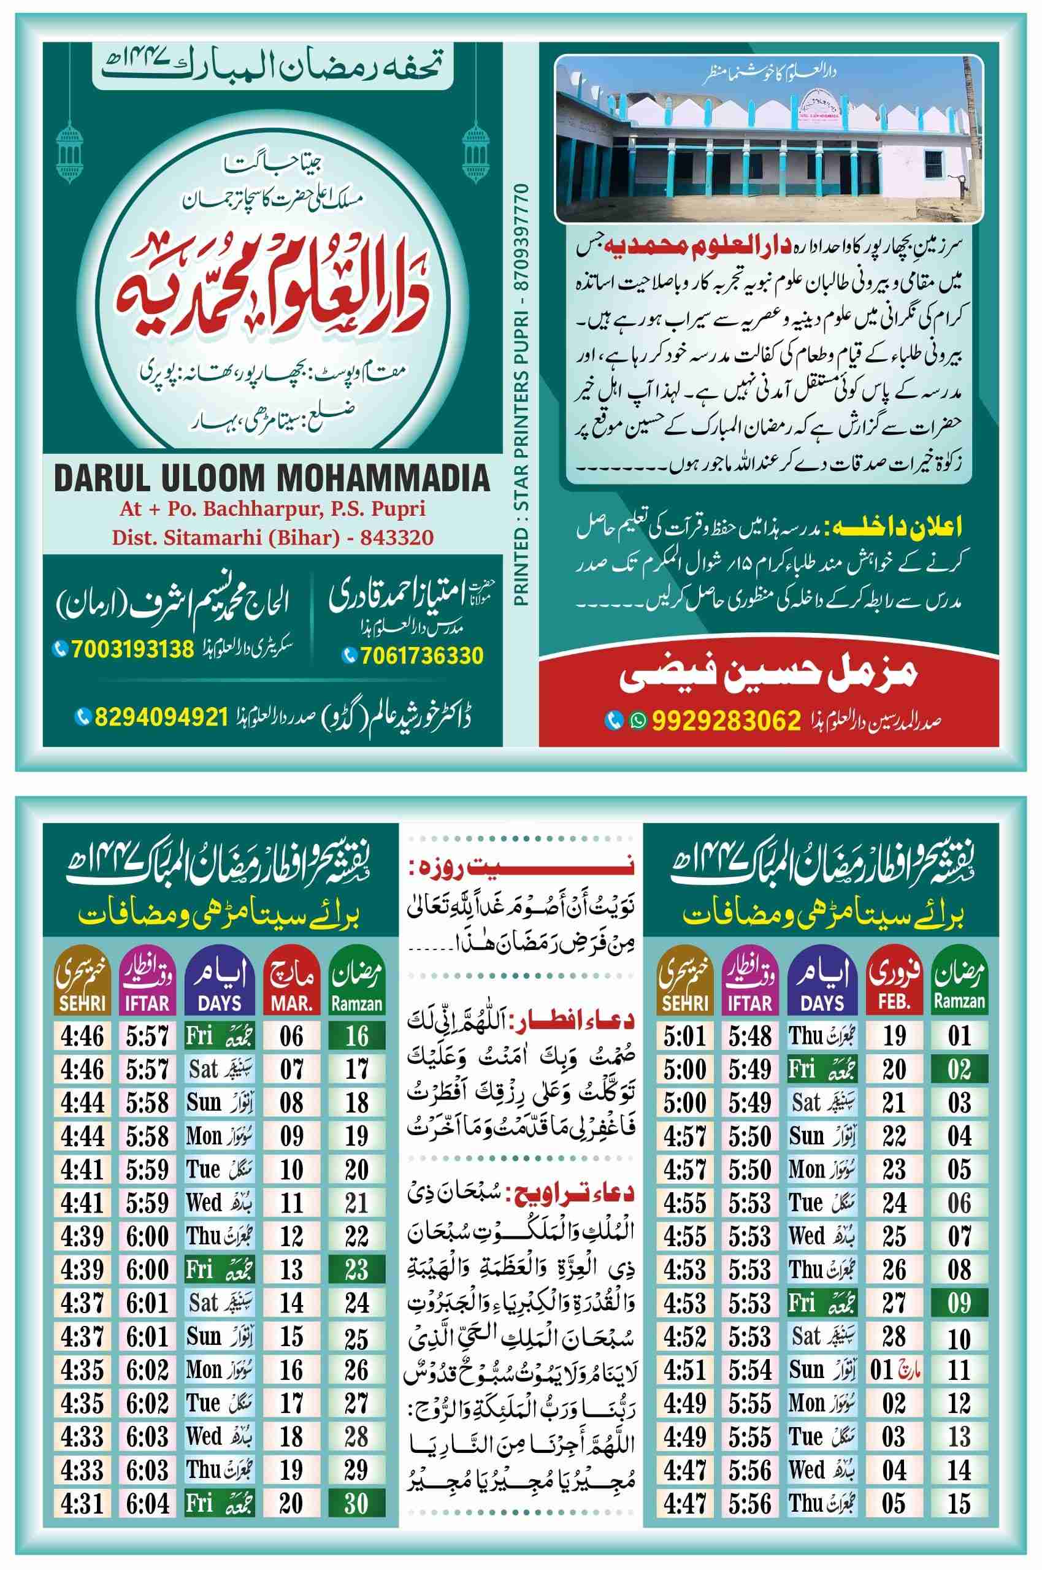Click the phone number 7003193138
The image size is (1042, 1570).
click(132, 648)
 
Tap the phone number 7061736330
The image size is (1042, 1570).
click(422, 656)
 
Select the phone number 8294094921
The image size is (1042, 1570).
click(161, 716)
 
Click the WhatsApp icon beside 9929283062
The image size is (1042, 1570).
click(638, 720)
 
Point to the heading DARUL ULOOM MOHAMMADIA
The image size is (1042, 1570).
click(271, 477)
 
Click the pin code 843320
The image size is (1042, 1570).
click(396, 537)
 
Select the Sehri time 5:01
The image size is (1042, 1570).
click(684, 1036)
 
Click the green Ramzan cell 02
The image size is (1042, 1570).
click(959, 1069)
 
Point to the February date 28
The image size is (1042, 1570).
click(894, 1336)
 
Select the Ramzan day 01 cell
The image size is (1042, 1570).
click(959, 1036)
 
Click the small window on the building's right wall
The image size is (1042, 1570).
click(932, 162)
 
